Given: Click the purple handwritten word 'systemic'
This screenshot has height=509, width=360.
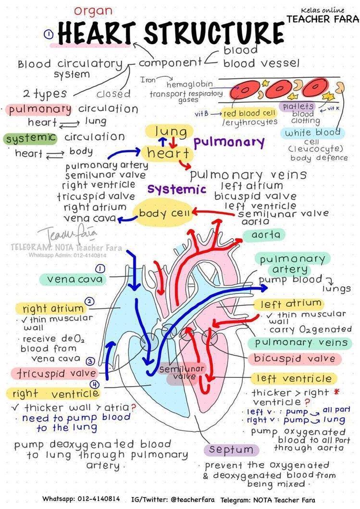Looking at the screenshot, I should (x=177, y=189).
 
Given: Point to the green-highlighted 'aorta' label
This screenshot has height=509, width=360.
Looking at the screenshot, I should (x=264, y=235).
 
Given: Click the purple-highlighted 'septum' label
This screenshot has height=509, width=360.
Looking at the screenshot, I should (x=231, y=450).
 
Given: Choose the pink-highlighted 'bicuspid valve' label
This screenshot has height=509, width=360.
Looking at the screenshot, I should (x=295, y=358).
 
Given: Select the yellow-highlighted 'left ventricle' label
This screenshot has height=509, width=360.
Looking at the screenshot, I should (x=293, y=378).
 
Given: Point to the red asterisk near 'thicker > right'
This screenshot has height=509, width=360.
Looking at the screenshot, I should (x=336, y=391).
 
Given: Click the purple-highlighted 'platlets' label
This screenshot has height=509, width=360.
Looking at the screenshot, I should (x=298, y=106).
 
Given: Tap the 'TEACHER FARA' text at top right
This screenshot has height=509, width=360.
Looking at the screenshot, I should (x=323, y=19).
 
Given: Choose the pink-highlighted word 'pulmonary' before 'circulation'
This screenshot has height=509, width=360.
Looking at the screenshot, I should (x=40, y=109).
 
